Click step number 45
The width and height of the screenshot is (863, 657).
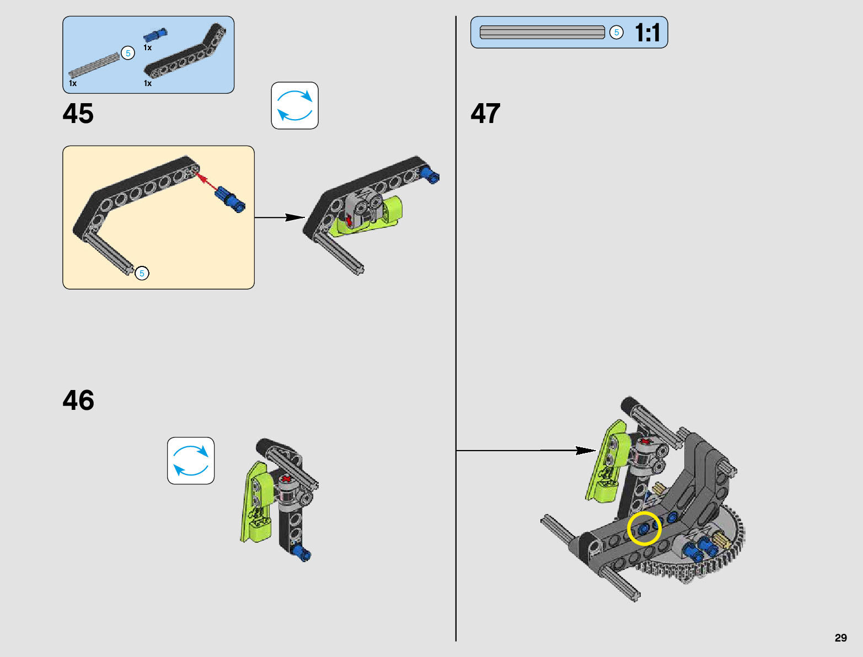point(78,114)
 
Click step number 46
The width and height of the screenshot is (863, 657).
point(78,400)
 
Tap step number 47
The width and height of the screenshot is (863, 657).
point(485,114)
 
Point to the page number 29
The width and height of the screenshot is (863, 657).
point(840,638)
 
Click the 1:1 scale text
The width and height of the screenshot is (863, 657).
point(647,33)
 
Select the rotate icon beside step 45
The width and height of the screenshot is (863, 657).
point(294,105)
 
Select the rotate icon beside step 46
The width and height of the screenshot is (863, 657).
point(191,461)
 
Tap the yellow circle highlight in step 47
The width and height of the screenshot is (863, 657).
point(644,528)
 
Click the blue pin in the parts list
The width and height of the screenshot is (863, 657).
point(156,35)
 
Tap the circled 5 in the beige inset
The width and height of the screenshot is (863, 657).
point(142,273)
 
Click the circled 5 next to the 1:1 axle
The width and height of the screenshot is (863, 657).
point(617,33)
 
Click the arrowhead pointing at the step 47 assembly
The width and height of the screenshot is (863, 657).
point(586,451)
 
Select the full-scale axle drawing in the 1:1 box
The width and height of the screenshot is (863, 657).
point(543,33)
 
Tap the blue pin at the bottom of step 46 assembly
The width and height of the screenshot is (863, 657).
point(302,553)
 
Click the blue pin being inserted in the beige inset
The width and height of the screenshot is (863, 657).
point(230,199)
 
